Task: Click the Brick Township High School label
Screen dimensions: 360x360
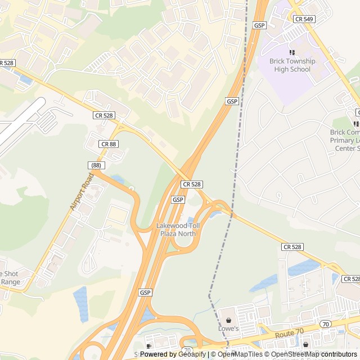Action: pos(292,65)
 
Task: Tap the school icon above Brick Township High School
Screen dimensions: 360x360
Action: pos(292,52)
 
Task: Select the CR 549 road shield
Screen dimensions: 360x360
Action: pos(304,19)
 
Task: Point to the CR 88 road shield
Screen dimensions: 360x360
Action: pos(109,144)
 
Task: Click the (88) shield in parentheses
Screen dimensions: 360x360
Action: pos(96,165)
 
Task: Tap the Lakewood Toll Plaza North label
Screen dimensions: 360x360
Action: pos(178,229)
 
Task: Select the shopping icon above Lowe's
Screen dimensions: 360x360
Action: pos(228,317)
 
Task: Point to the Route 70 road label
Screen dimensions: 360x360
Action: pos(289,334)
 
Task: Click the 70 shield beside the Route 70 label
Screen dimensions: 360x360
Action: pos(325,325)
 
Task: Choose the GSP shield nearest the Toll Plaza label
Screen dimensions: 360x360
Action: pos(178,200)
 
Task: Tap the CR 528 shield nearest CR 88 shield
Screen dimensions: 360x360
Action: pos(103,115)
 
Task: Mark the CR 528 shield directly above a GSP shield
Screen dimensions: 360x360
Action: pos(192,184)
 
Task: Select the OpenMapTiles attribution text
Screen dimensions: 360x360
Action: pos(236,354)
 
